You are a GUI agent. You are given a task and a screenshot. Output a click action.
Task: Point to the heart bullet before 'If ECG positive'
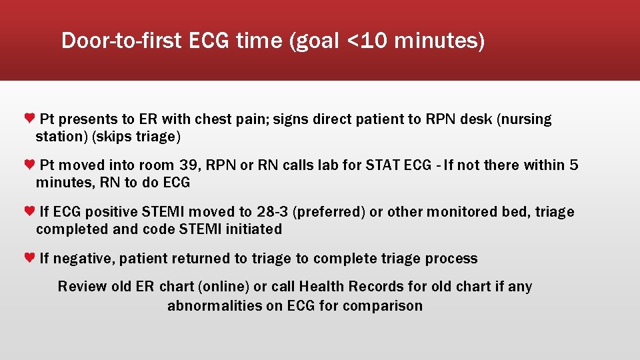tap(29, 211)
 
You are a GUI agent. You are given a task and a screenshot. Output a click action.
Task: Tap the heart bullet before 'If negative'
tap(29, 258)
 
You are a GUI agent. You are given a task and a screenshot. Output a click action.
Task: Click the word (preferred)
tap(329, 212)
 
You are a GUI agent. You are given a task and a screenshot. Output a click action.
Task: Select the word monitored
tap(460, 212)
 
